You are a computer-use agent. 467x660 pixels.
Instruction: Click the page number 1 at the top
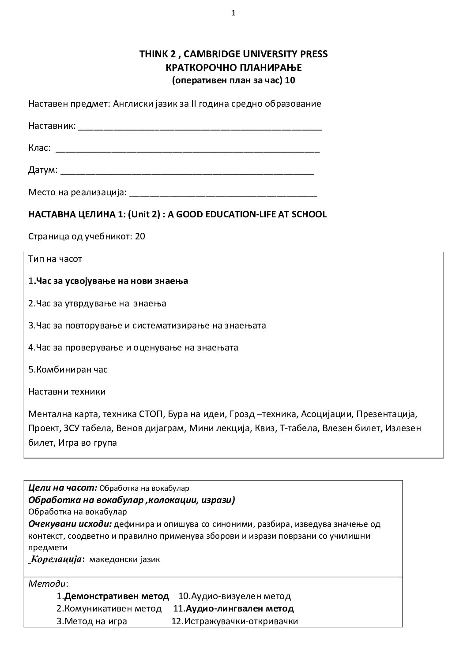pos(233,13)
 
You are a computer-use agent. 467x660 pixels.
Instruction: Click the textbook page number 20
pos(140,236)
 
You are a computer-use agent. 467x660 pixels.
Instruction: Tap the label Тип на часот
pos(55,259)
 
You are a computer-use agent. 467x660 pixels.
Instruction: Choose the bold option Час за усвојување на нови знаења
pos(111,281)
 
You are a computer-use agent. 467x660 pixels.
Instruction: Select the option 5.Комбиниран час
pos(68,369)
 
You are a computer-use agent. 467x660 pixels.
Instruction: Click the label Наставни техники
pos(67,392)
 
